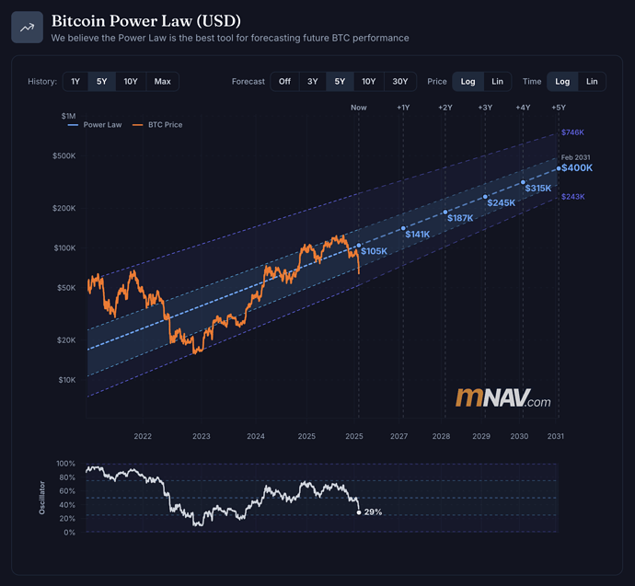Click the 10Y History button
tap(131, 81)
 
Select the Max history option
tap(162, 81)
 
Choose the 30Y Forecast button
tap(400, 81)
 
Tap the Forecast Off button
tap(284, 81)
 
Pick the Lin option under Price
tap(497, 81)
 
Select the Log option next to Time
tap(562, 81)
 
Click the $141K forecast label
tap(417, 235)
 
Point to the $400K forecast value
tap(577, 168)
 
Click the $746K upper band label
tap(572, 132)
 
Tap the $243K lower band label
tap(572, 197)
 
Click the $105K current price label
tap(374, 251)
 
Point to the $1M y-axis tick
tap(69, 116)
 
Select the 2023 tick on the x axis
tap(202, 436)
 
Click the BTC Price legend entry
tap(161, 124)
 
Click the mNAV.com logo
tap(503, 398)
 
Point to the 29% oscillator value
tap(373, 511)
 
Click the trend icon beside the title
tap(28, 28)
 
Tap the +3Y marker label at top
tap(484, 108)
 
